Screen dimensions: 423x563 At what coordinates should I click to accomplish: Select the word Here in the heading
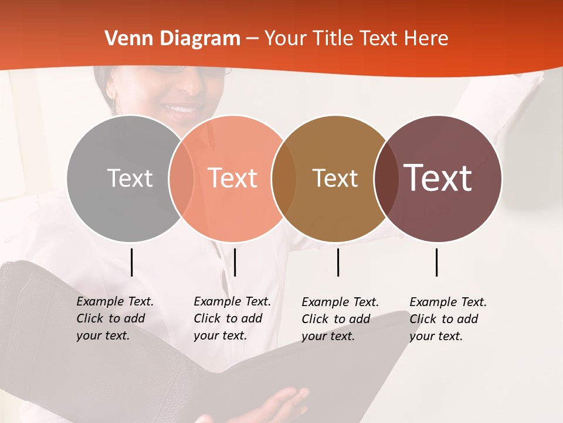[426, 39]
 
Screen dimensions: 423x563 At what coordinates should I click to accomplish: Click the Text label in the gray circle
[130, 178]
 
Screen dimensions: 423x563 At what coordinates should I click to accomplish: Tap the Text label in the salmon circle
[233, 178]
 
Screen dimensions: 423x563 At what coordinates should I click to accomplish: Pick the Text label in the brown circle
[335, 178]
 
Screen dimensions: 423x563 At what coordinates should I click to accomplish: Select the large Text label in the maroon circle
[438, 178]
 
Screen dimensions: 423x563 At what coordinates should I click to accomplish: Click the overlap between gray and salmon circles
[181, 178]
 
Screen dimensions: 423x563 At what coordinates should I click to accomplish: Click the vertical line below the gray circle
[132, 262]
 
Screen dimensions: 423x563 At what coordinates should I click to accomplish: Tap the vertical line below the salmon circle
[235, 262]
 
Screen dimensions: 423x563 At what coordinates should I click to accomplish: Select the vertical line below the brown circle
[338, 262]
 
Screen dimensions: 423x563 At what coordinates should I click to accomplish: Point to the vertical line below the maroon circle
[437, 262]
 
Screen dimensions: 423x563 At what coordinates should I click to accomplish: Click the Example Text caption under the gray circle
[115, 318]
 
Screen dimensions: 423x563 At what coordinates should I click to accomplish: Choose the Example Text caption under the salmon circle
[232, 318]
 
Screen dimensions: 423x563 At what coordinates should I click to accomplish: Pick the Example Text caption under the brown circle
[340, 319]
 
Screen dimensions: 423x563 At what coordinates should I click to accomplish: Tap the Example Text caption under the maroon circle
[448, 319]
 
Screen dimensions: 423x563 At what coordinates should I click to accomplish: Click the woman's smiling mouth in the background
[182, 108]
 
